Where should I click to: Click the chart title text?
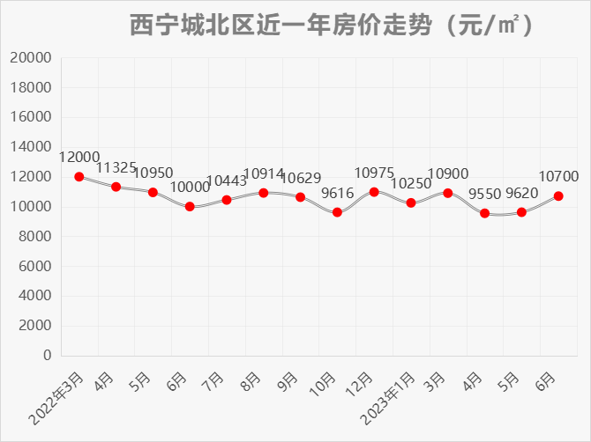331,26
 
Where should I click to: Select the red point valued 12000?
79,177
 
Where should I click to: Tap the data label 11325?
116,167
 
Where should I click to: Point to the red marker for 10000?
190,207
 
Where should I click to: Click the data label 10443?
227,180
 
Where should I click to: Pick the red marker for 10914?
264,193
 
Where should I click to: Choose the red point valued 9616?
337,212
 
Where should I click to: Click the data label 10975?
374,173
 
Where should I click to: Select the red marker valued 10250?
411,203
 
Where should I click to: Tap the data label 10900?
448,173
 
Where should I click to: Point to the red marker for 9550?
485,213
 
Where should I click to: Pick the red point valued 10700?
558,196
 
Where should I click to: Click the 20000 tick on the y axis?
32,58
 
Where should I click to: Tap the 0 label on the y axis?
47,356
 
